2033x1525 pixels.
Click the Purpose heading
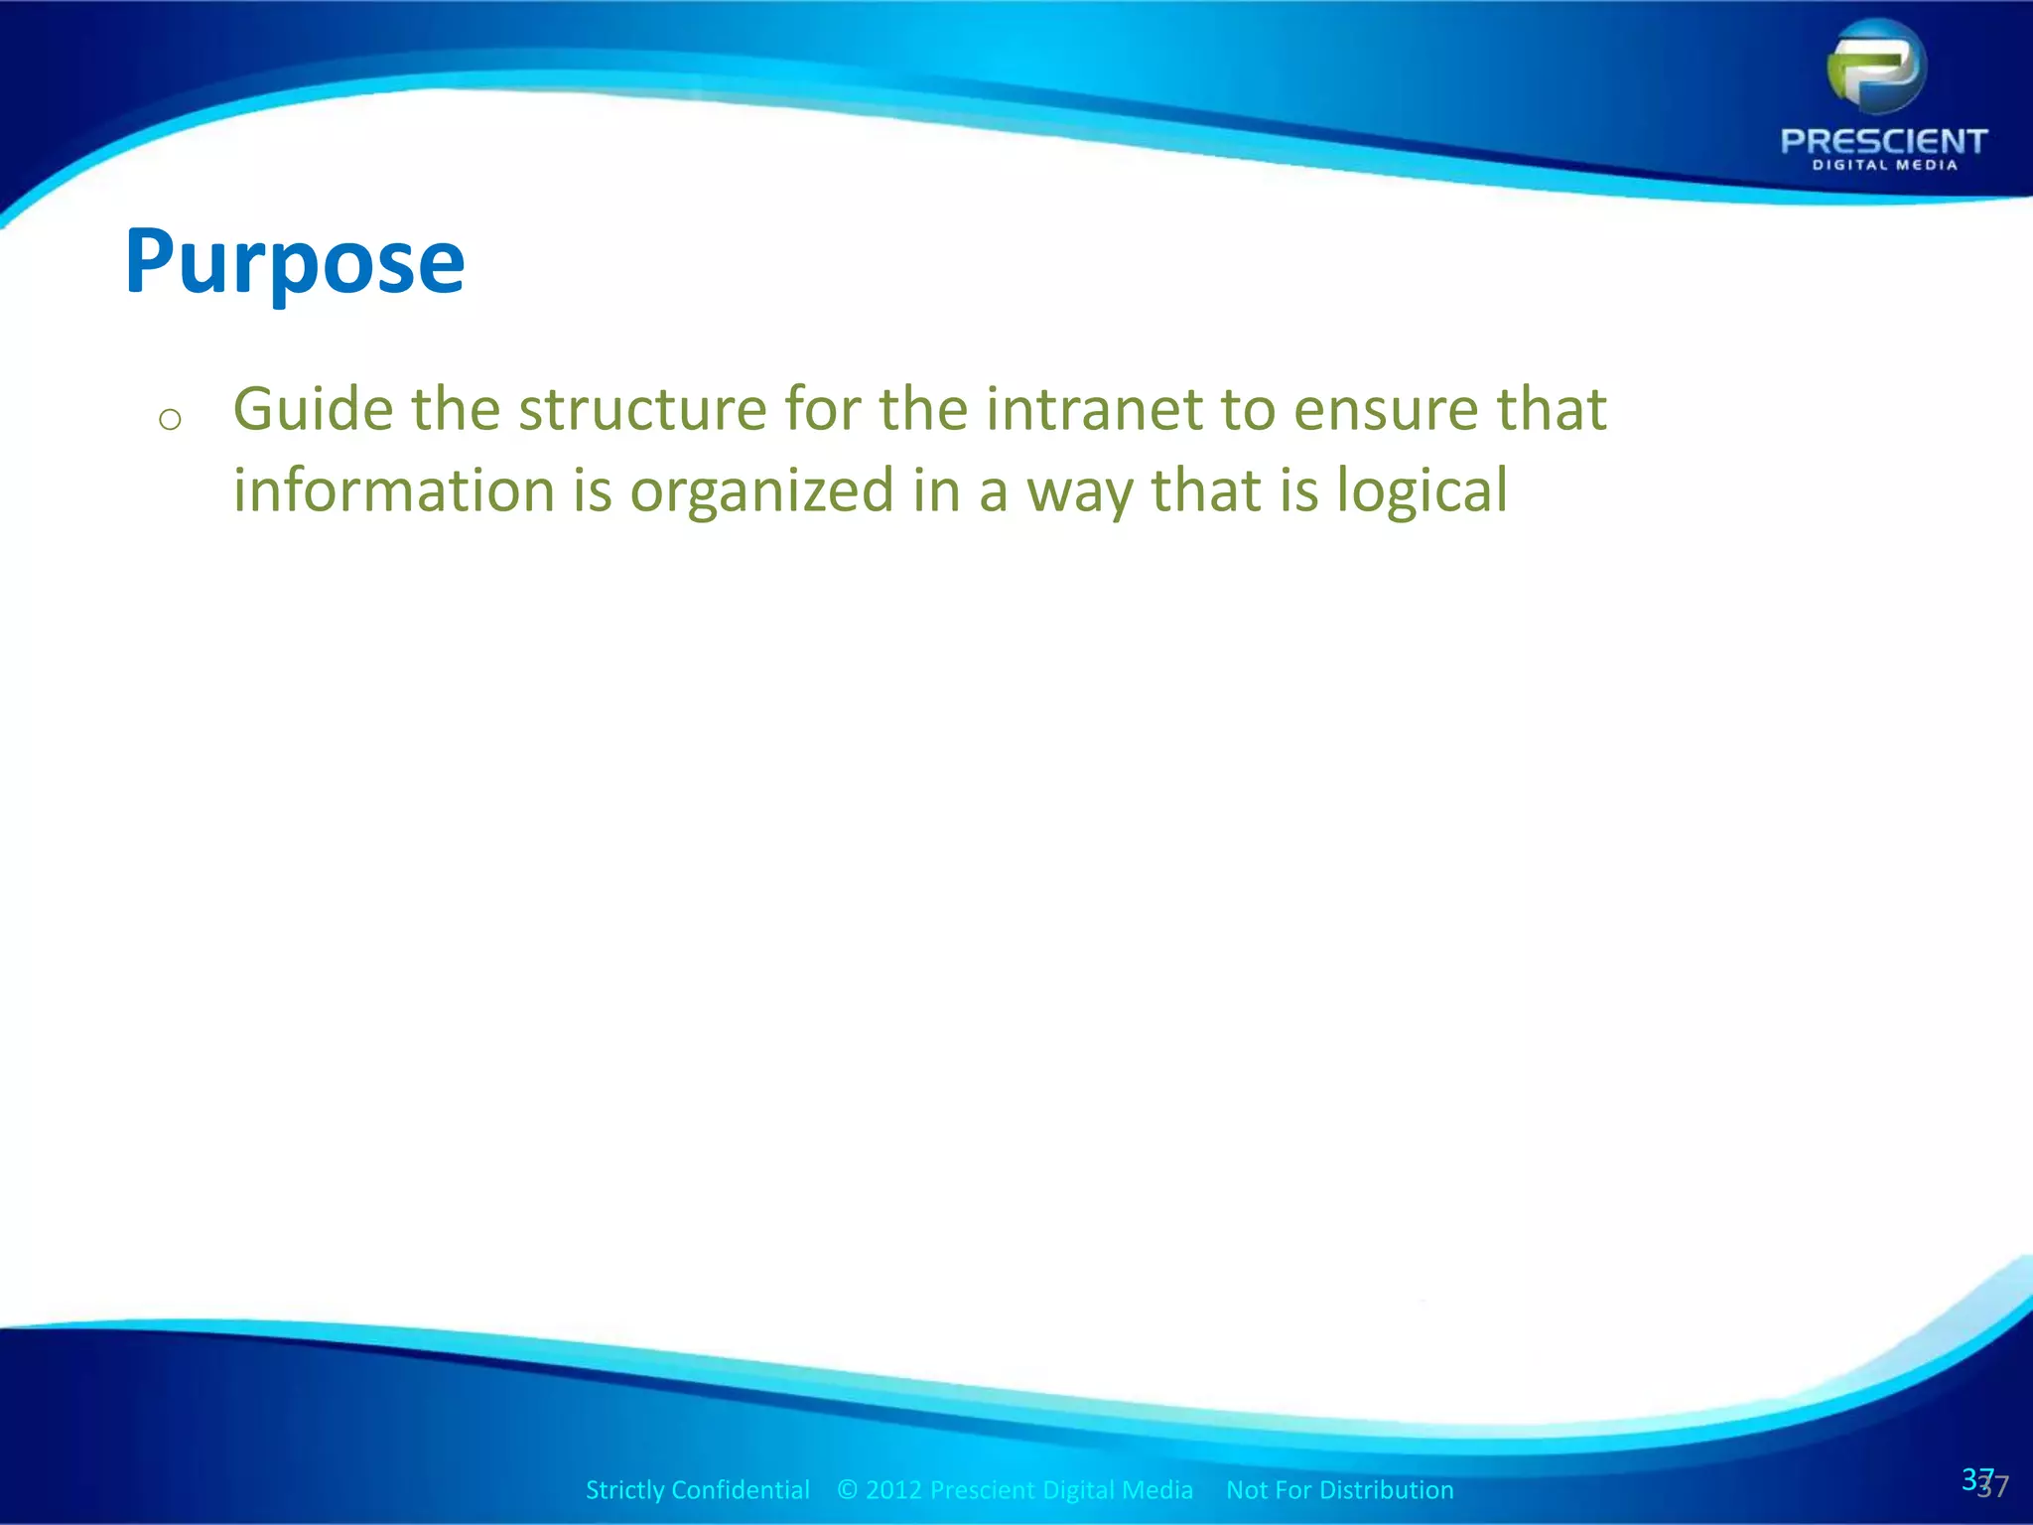[295, 262]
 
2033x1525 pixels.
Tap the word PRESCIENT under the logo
[1883, 141]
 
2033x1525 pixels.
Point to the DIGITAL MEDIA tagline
[1884, 166]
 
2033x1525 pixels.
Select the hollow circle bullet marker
[170, 419]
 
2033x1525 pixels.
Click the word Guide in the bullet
[313, 409]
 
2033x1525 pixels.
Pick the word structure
[642, 409]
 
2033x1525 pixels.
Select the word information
[393, 490]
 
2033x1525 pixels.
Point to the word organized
[761, 490]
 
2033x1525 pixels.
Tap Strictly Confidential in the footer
[697, 1489]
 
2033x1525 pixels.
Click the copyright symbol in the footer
[847, 1489]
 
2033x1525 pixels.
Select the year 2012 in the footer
[893, 1489]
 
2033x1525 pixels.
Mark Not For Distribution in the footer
[1339, 1489]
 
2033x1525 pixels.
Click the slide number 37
[1983, 1482]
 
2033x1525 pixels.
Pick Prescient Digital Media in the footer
[1061, 1489]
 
